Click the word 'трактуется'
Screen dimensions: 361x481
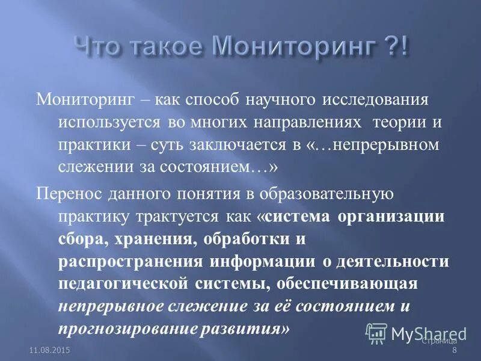click(x=180, y=217)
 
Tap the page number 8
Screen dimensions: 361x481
click(x=455, y=351)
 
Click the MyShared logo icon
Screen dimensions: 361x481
click(x=377, y=333)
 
